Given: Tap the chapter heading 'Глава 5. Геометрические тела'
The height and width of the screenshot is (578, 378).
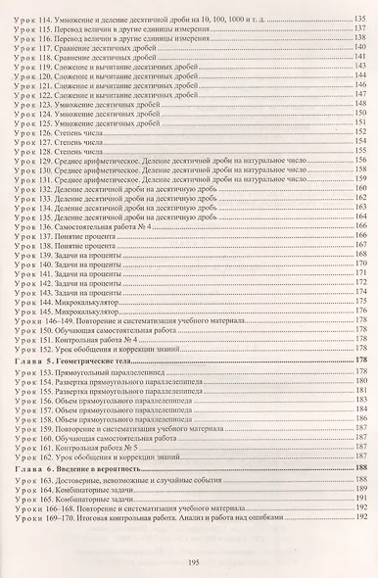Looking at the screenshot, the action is click(x=94, y=361).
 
